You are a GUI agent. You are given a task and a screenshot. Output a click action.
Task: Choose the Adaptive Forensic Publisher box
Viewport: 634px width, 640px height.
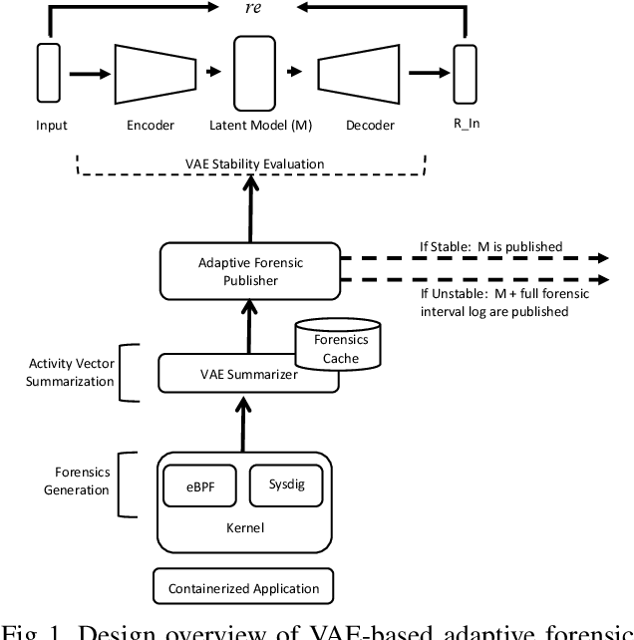tap(248, 272)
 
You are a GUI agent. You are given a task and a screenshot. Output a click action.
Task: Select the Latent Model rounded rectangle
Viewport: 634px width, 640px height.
tap(253, 72)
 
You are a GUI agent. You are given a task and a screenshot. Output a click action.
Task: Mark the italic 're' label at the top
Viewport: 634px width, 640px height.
tap(253, 8)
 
